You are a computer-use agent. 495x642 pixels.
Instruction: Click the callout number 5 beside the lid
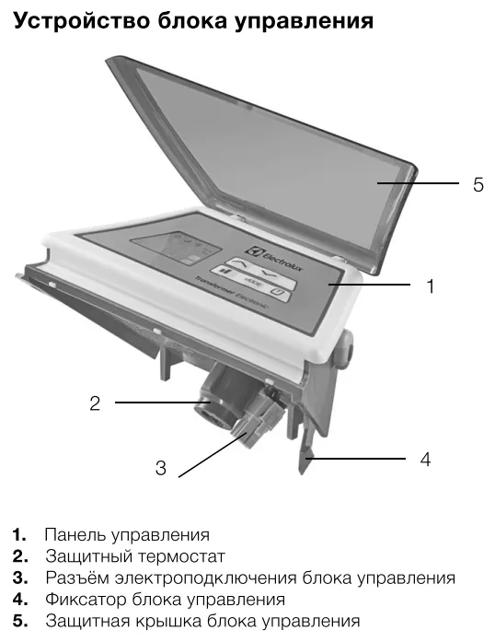pyautogui.click(x=478, y=185)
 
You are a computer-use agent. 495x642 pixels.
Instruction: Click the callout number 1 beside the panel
pyautogui.click(x=429, y=286)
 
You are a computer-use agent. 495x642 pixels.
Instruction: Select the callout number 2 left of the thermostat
pyautogui.click(x=95, y=403)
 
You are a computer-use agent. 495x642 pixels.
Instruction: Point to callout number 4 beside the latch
pyautogui.click(x=425, y=458)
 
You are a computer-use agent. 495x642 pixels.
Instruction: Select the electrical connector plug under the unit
pyautogui.click(x=252, y=419)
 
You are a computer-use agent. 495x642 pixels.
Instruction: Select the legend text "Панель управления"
pyautogui.click(x=127, y=535)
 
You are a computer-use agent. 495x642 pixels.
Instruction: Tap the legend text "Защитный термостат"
pyautogui.click(x=134, y=556)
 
